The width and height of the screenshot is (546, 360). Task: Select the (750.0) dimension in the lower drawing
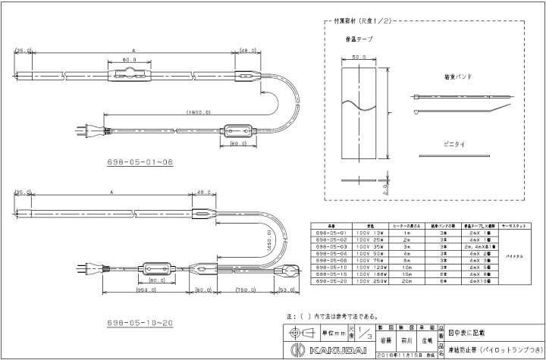pyautogui.click(x=244, y=290)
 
